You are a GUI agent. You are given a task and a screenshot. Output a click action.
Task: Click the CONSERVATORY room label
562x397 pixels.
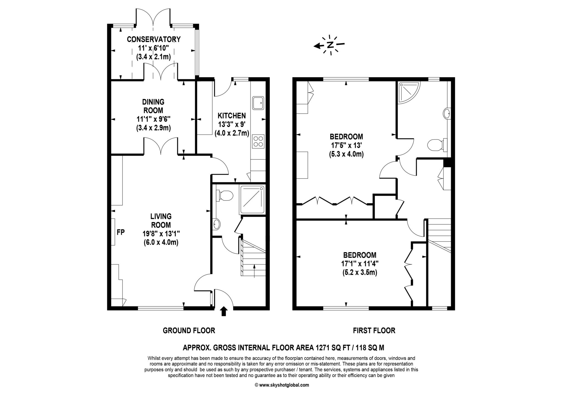[154, 39]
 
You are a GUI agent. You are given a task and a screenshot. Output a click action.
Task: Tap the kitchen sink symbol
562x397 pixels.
[258, 103]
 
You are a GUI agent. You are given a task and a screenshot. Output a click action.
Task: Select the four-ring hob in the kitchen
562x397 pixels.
[258, 141]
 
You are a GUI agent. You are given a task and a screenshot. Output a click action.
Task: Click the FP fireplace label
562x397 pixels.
[121, 232]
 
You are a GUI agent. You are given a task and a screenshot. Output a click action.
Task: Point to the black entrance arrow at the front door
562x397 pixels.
[224, 311]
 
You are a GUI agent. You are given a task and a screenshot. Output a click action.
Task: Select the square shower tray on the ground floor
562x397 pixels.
[252, 200]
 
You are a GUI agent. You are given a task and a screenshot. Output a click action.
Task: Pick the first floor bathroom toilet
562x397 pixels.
[436, 145]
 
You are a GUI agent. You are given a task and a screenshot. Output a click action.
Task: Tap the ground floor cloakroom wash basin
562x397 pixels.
[217, 224]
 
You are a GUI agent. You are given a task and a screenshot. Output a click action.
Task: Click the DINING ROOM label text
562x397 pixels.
[153, 106]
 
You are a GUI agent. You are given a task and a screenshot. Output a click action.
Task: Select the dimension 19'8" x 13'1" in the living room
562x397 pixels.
[161, 234]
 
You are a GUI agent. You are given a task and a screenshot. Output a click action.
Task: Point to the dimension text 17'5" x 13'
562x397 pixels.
[346, 145]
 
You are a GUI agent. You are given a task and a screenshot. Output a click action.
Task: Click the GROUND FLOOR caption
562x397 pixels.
[189, 331]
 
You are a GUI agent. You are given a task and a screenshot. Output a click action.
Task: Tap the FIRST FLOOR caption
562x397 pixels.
[374, 331]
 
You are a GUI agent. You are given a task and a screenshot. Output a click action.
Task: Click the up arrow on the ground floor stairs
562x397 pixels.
[254, 270]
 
